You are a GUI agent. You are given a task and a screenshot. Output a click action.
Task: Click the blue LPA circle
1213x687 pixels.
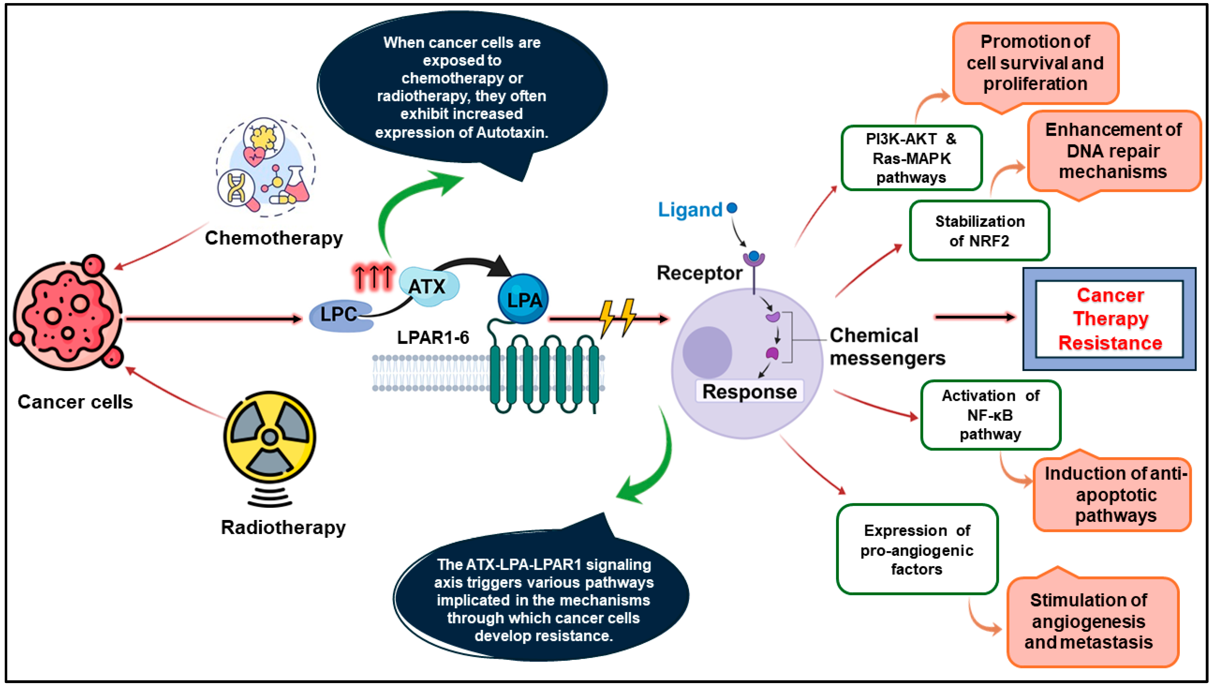tap(523, 299)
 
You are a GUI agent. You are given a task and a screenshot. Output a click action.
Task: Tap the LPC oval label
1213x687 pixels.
tap(340, 315)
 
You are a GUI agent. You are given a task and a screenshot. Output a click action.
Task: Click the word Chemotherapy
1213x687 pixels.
tap(274, 238)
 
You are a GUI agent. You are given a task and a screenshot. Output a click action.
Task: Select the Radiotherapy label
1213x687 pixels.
tap(283, 527)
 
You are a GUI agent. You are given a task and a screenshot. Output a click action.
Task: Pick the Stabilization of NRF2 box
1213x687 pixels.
tap(980, 231)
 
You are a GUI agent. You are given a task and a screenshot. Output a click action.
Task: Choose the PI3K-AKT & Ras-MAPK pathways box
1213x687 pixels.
tap(911, 158)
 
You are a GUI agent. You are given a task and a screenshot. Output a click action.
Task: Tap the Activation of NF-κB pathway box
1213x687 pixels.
tap(990, 415)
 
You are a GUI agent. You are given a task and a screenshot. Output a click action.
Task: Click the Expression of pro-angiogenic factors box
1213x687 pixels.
tap(917, 550)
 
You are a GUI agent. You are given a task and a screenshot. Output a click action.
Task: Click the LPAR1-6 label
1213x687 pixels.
tap(433, 338)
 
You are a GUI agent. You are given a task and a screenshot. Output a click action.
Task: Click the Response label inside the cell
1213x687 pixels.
tap(749, 392)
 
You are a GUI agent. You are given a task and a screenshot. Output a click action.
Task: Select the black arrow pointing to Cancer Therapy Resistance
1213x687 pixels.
tap(974, 317)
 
